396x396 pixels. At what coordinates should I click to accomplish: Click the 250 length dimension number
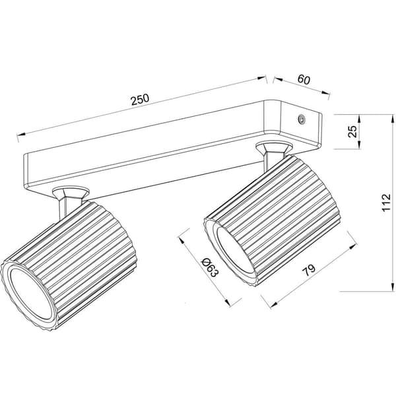pyautogui.click(x=141, y=100)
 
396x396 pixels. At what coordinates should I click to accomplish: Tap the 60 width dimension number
pyautogui.click(x=304, y=80)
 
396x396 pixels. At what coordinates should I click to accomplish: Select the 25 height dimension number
pyautogui.click(x=352, y=131)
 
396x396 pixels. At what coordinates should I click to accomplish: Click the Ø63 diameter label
pyautogui.click(x=209, y=267)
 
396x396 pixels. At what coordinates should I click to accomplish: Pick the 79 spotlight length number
pyautogui.click(x=309, y=270)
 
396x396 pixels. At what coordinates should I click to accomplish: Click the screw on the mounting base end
pyautogui.click(x=302, y=119)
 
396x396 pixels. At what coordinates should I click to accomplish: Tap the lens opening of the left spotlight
pyautogui.click(x=30, y=294)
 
